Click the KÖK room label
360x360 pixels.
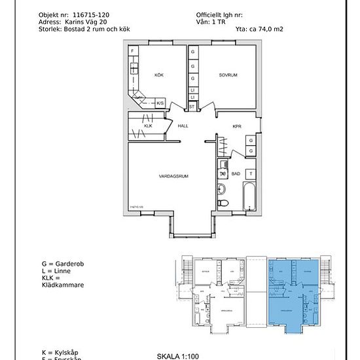coord(158,75)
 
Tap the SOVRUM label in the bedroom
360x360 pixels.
coord(228,75)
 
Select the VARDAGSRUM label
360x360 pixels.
coord(173,177)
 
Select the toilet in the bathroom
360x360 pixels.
coord(223,203)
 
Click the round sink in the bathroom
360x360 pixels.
coord(221,189)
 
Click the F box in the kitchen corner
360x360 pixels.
coord(133,51)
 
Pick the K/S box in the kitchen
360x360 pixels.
coord(160,103)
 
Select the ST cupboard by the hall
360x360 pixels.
coord(192,105)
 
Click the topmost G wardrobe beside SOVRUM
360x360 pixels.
coord(192,52)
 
